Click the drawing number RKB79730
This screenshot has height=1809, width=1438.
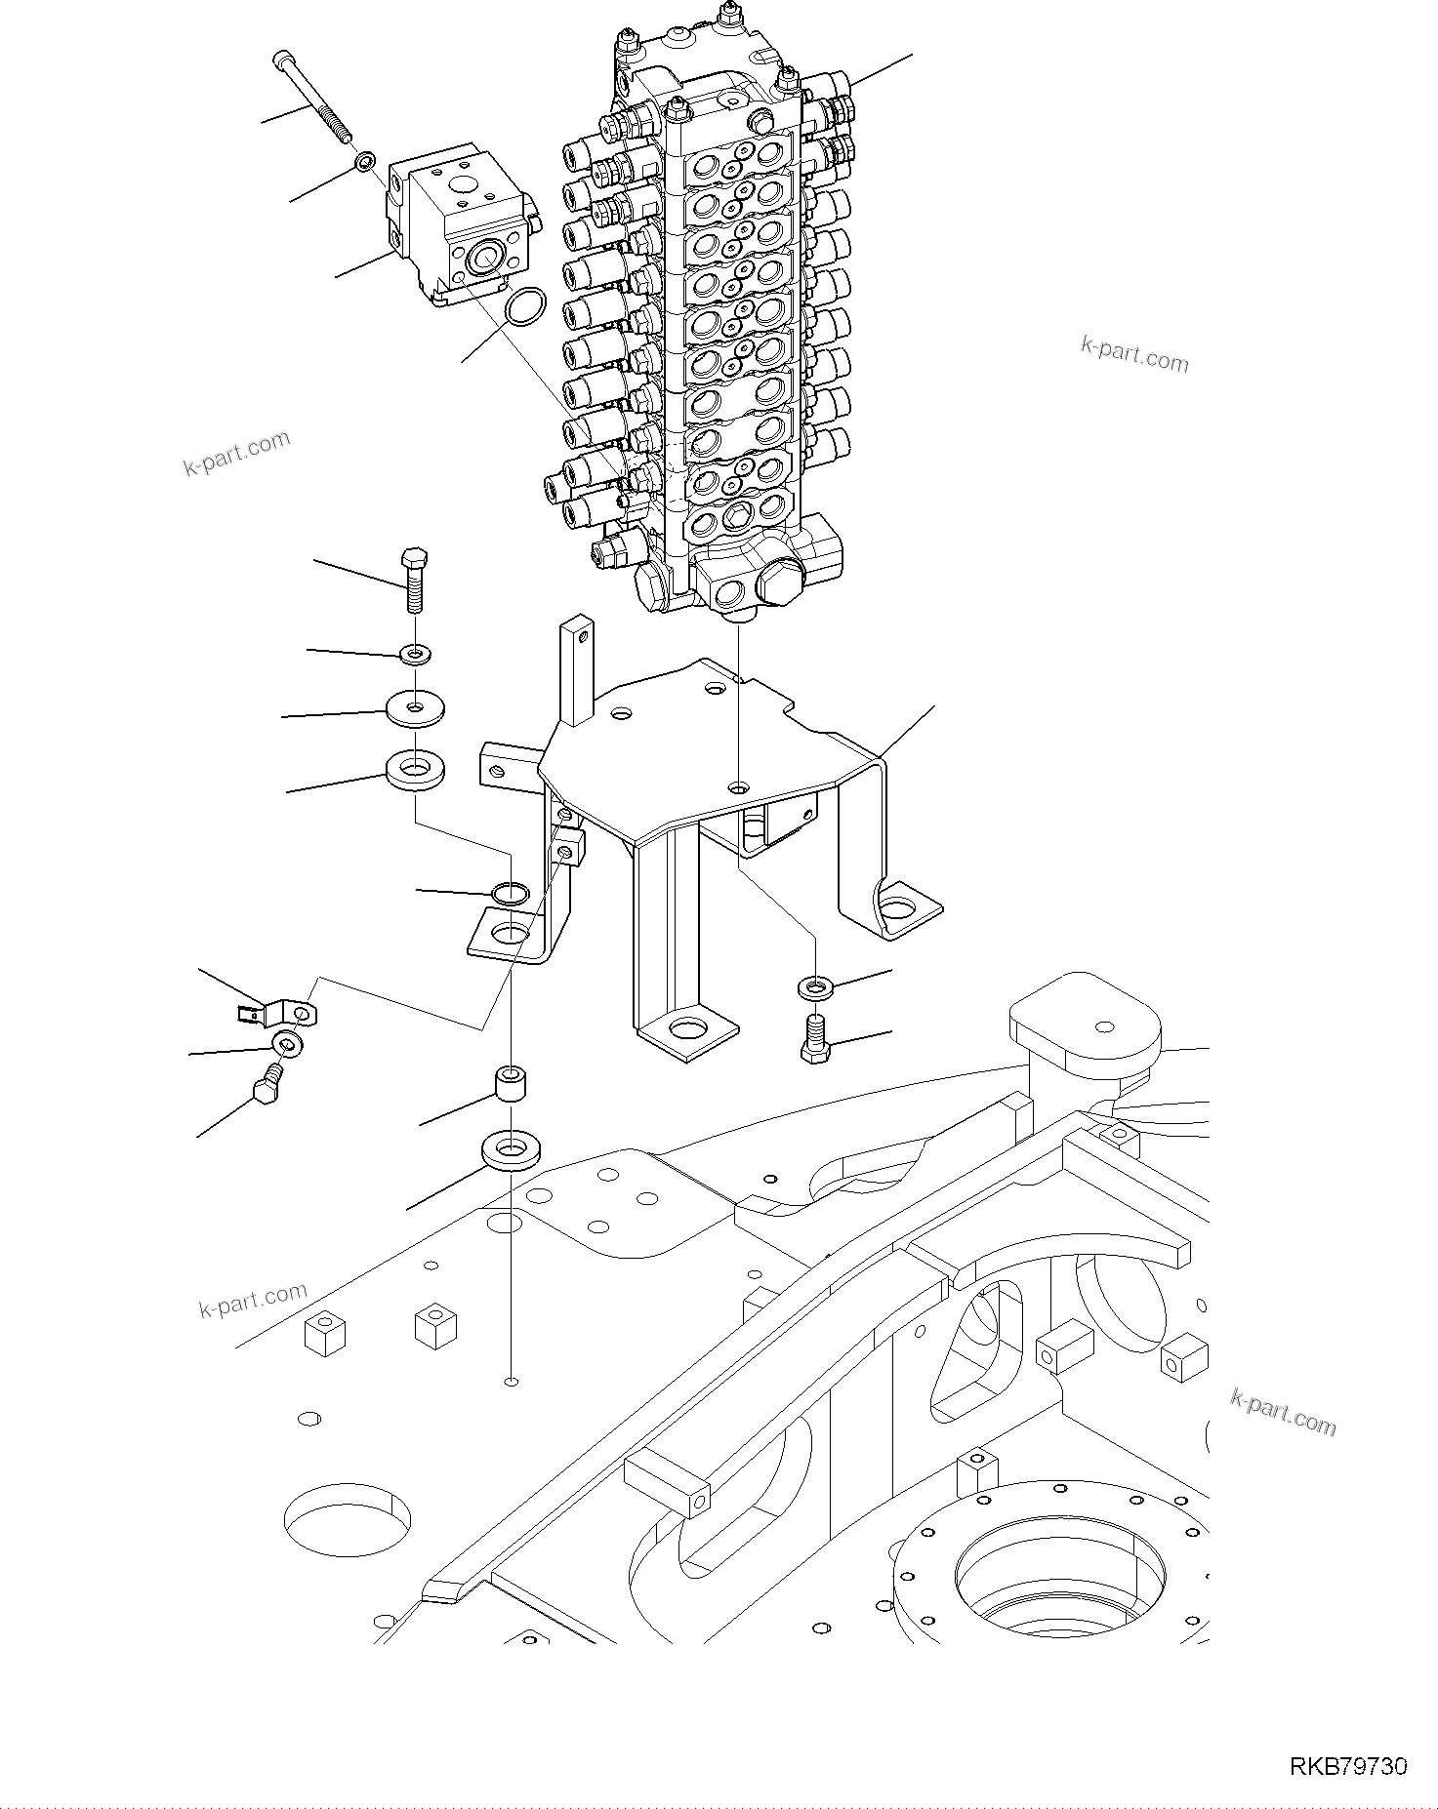point(1348,1766)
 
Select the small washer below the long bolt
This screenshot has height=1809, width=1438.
point(364,161)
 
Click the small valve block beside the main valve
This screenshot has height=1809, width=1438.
point(459,229)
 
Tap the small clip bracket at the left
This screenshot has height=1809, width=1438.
point(281,1015)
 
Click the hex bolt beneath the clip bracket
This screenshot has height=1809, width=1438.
point(268,1086)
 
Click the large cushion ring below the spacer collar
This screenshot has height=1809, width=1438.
point(512,1152)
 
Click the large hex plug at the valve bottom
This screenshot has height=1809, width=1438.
point(778,583)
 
